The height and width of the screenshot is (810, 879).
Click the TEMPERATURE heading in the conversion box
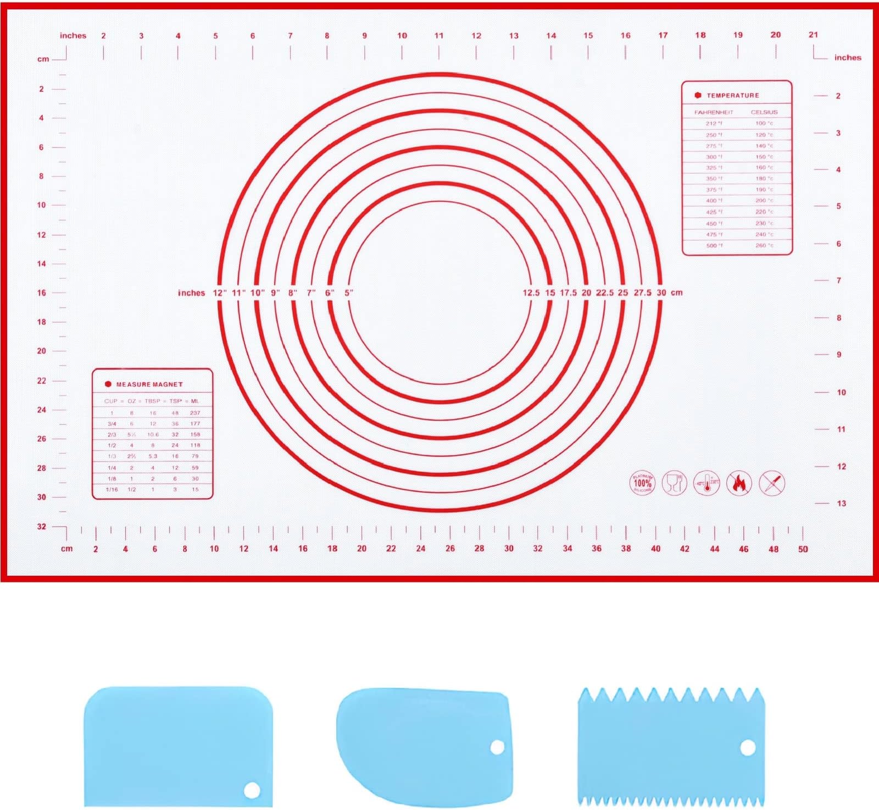(x=732, y=96)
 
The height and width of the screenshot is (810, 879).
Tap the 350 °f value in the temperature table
(x=714, y=179)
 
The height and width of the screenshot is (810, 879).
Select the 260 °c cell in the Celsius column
(x=764, y=245)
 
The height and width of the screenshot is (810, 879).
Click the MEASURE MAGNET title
(x=149, y=384)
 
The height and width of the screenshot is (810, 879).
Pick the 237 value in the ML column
(x=195, y=413)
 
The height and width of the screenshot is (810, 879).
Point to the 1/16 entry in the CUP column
(x=112, y=489)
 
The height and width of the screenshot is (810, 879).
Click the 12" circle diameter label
(x=220, y=293)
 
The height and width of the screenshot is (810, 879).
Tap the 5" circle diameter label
(x=349, y=293)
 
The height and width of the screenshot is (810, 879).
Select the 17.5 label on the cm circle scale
(x=568, y=293)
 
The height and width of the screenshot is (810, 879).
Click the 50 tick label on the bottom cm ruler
(x=803, y=549)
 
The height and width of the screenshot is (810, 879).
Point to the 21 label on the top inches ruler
(x=813, y=35)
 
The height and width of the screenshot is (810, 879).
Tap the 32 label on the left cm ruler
(x=42, y=526)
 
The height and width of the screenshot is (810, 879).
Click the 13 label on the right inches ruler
(x=841, y=503)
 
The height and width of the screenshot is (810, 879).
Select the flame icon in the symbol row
(x=739, y=483)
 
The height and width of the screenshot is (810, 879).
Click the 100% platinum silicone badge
(x=642, y=483)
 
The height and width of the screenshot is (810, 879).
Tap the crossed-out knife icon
(x=771, y=483)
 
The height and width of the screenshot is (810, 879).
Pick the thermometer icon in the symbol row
(x=706, y=483)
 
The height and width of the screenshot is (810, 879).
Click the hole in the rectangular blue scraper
(x=252, y=791)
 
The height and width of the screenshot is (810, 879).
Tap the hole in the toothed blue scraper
(x=748, y=748)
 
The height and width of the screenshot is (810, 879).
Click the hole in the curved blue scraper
(x=497, y=747)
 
